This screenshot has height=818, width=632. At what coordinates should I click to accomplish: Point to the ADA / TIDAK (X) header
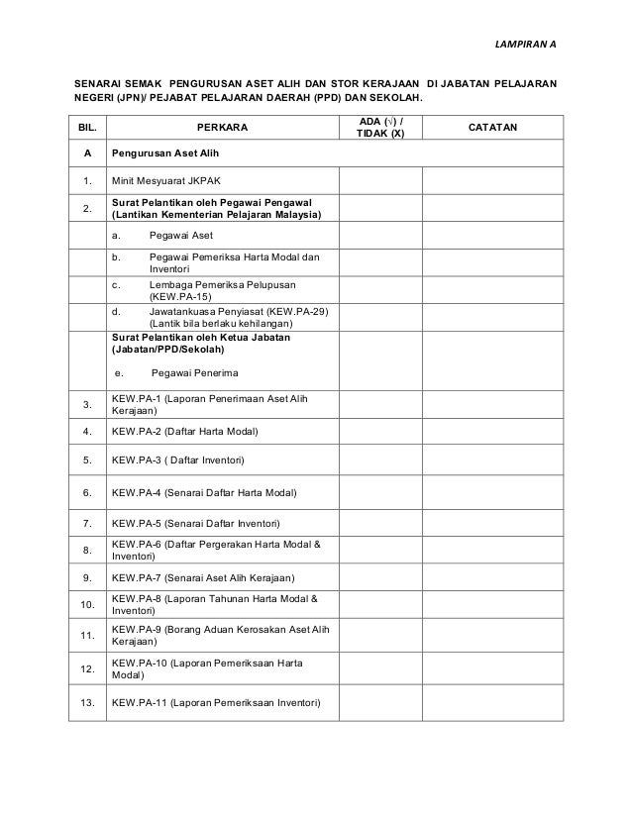point(380,129)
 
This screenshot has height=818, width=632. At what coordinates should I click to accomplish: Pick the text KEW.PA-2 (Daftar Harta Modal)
point(185,432)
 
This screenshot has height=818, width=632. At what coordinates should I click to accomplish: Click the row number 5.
point(88,460)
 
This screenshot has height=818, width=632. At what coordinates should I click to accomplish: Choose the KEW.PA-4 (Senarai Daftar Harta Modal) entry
point(205,492)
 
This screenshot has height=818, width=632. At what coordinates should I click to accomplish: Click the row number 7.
point(88,522)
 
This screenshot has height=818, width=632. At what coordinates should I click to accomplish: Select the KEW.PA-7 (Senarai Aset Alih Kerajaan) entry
point(203,577)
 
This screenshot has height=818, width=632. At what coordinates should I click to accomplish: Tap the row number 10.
point(88,604)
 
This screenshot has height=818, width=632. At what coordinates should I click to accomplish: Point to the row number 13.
point(88,703)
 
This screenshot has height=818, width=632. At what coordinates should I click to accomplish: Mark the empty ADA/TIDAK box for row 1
point(380,181)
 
